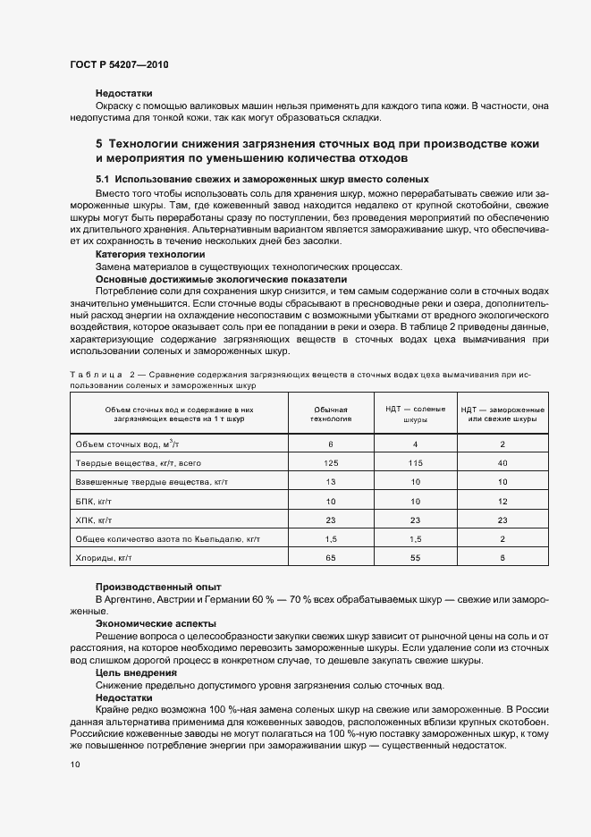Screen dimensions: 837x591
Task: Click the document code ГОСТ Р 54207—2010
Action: (118, 65)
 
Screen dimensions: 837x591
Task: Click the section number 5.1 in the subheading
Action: (104, 180)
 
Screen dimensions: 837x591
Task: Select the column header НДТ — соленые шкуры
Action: (415, 413)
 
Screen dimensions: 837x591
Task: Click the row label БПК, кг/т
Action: (92, 501)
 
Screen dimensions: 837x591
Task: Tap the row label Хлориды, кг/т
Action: (105, 558)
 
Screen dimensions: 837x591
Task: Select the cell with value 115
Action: (415, 462)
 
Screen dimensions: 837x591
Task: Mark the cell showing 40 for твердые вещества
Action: (502, 462)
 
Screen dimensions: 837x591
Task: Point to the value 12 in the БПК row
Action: (502, 501)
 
